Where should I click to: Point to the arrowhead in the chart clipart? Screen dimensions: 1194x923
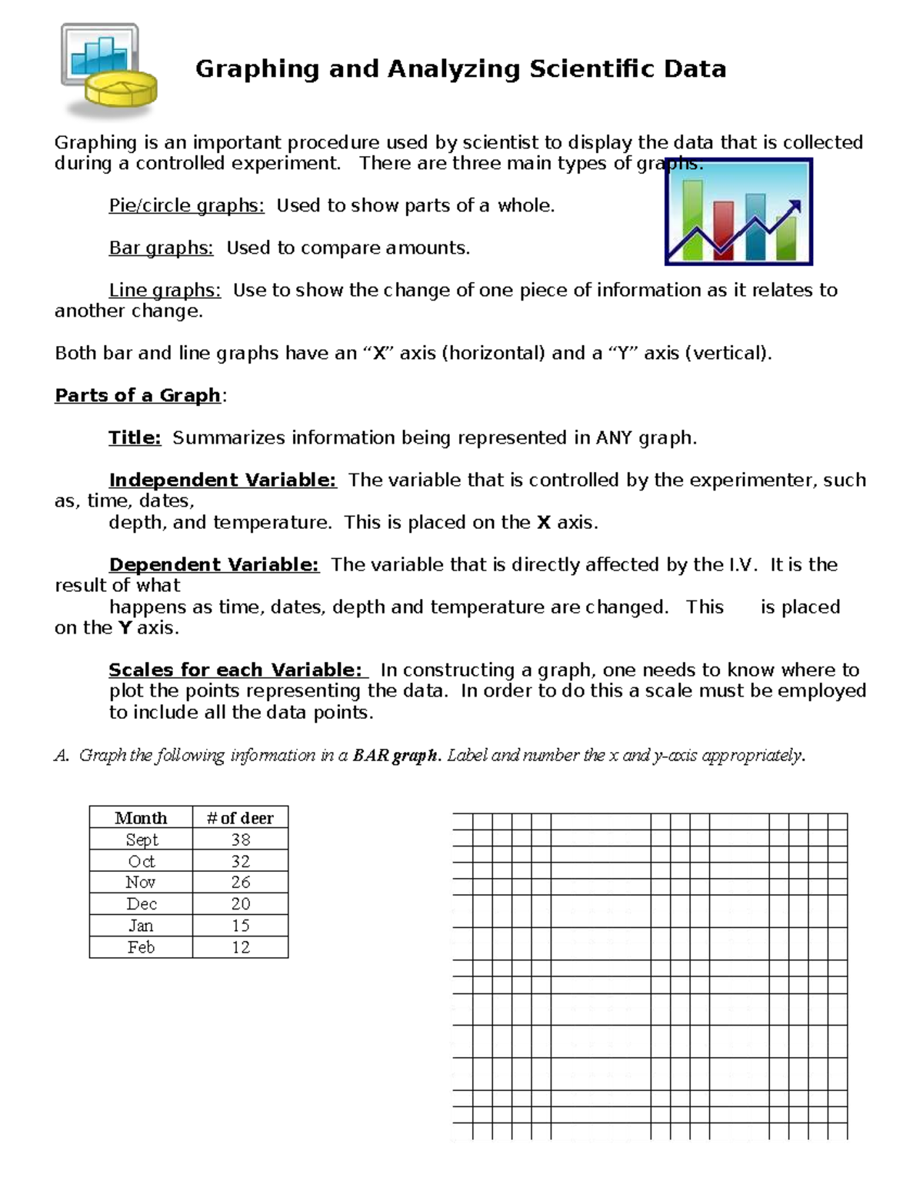click(795, 206)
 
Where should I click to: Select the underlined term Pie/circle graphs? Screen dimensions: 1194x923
click(186, 206)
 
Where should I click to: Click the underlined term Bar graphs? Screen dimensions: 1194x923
click(161, 248)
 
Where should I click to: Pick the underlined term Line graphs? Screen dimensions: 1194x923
click(165, 291)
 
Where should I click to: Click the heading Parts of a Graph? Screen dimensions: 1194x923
click(138, 395)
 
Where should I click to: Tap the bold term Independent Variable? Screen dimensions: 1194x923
click(222, 481)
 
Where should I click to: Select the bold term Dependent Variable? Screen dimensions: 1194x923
click(214, 565)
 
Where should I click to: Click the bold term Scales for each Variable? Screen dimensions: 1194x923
click(235, 670)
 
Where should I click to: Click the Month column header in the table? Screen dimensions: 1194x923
click(141, 818)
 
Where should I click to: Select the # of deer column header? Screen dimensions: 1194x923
click(240, 818)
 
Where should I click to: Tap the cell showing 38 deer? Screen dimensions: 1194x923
click(240, 840)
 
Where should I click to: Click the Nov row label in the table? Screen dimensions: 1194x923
click(141, 883)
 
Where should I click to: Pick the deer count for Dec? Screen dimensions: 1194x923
click(240, 904)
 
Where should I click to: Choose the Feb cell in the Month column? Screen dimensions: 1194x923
click(141, 947)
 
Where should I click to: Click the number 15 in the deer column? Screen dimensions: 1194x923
click(240, 926)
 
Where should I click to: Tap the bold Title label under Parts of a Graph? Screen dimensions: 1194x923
click(135, 438)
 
